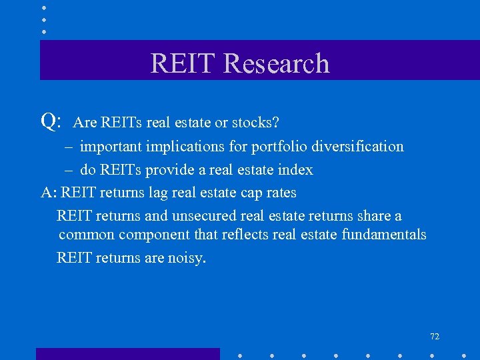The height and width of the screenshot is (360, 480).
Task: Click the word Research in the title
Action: [277, 63]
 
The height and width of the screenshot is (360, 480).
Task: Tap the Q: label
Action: [51, 121]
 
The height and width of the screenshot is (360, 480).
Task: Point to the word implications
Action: [184, 147]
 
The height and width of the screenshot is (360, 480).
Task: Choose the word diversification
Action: [357, 147]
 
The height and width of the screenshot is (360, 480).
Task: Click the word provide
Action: [171, 170]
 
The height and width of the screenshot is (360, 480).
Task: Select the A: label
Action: [49, 193]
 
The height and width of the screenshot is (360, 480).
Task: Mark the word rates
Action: [280, 193]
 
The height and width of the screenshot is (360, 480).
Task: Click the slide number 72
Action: [435, 337]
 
